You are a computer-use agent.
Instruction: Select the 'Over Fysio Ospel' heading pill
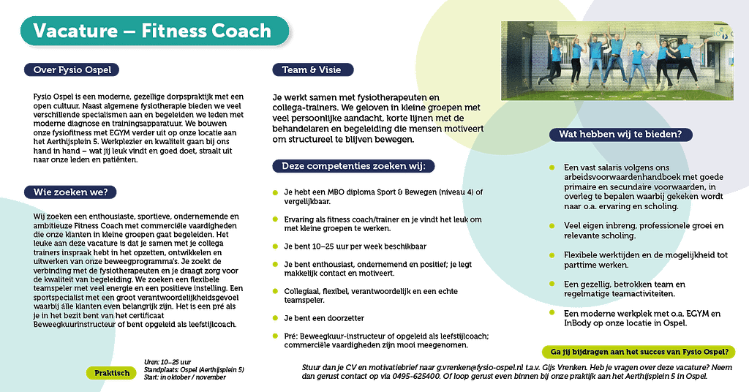pyautogui.click(x=72, y=70)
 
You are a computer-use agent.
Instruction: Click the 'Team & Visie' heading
pyautogui.click(x=313, y=70)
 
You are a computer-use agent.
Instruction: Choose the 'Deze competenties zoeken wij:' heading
pyautogui.click(x=353, y=167)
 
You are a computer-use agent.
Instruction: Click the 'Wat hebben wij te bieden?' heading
pyautogui.click(x=620, y=135)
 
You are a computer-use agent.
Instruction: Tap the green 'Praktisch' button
pyautogui.click(x=112, y=373)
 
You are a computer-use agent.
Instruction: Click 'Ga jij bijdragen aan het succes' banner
pyautogui.click(x=639, y=353)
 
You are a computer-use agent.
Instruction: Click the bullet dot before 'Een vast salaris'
pyautogui.click(x=552, y=167)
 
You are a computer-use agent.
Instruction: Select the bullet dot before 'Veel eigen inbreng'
pyautogui.click(x=552, y=226)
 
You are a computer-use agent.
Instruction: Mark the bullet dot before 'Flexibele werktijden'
pyautogui.click(x=552, y=255)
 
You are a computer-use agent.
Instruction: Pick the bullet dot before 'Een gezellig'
pyautogui.click(x=552, y=284)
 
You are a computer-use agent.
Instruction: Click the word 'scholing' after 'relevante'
pyautogui.click(x=619, y=235)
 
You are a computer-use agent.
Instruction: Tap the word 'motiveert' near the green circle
pyautogui.click(x=464, y=128)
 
